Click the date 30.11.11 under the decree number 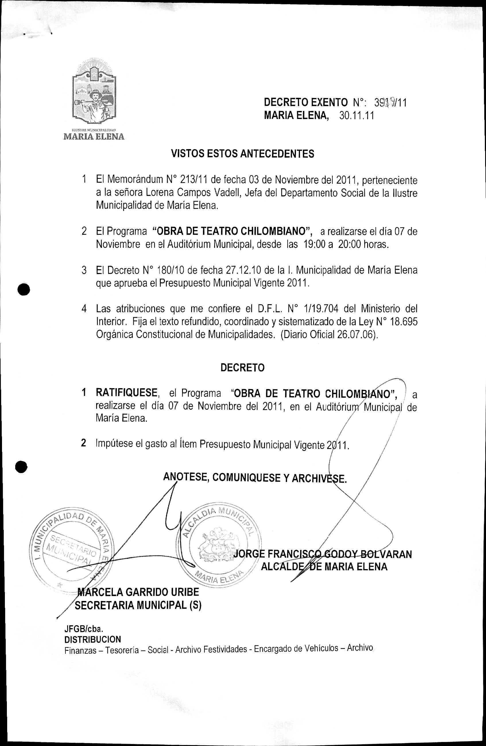click(x=357, y=116)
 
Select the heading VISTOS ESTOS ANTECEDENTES click(x=243, y=154)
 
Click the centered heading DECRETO click(x=243, y=368)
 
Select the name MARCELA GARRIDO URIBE click(x=138, y=592)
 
